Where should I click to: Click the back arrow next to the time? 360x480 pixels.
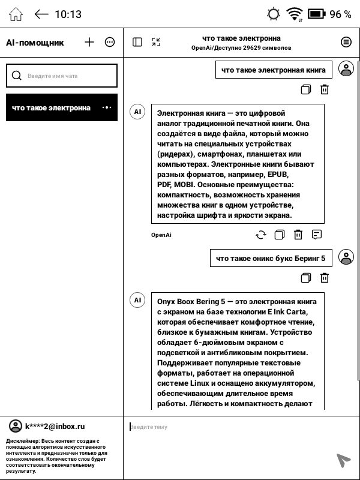point(41,14)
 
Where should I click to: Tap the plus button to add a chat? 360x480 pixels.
point(89,42)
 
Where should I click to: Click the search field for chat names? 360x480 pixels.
point(61,76)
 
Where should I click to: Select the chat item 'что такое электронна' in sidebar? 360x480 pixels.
point(51,108)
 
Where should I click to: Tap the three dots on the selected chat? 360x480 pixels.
point(107,108)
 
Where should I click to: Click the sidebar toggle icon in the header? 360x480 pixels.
point(137,42)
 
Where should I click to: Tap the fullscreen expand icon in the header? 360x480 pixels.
point(156,42)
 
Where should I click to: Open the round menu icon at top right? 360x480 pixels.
point(346,42)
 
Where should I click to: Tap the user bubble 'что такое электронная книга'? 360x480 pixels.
point(273,70)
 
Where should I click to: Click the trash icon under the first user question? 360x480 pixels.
point(325,89)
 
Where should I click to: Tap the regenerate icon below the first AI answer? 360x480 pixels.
point(260,235)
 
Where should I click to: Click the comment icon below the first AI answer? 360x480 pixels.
point(317,235)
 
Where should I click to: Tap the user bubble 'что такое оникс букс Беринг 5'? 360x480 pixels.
point(270,258)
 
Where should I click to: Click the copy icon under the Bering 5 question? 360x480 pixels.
point(306,278)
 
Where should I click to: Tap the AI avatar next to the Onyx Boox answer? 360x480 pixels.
point(137,300)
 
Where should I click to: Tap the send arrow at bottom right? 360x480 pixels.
point(343,460)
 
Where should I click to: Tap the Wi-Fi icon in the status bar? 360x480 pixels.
point(294,14)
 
